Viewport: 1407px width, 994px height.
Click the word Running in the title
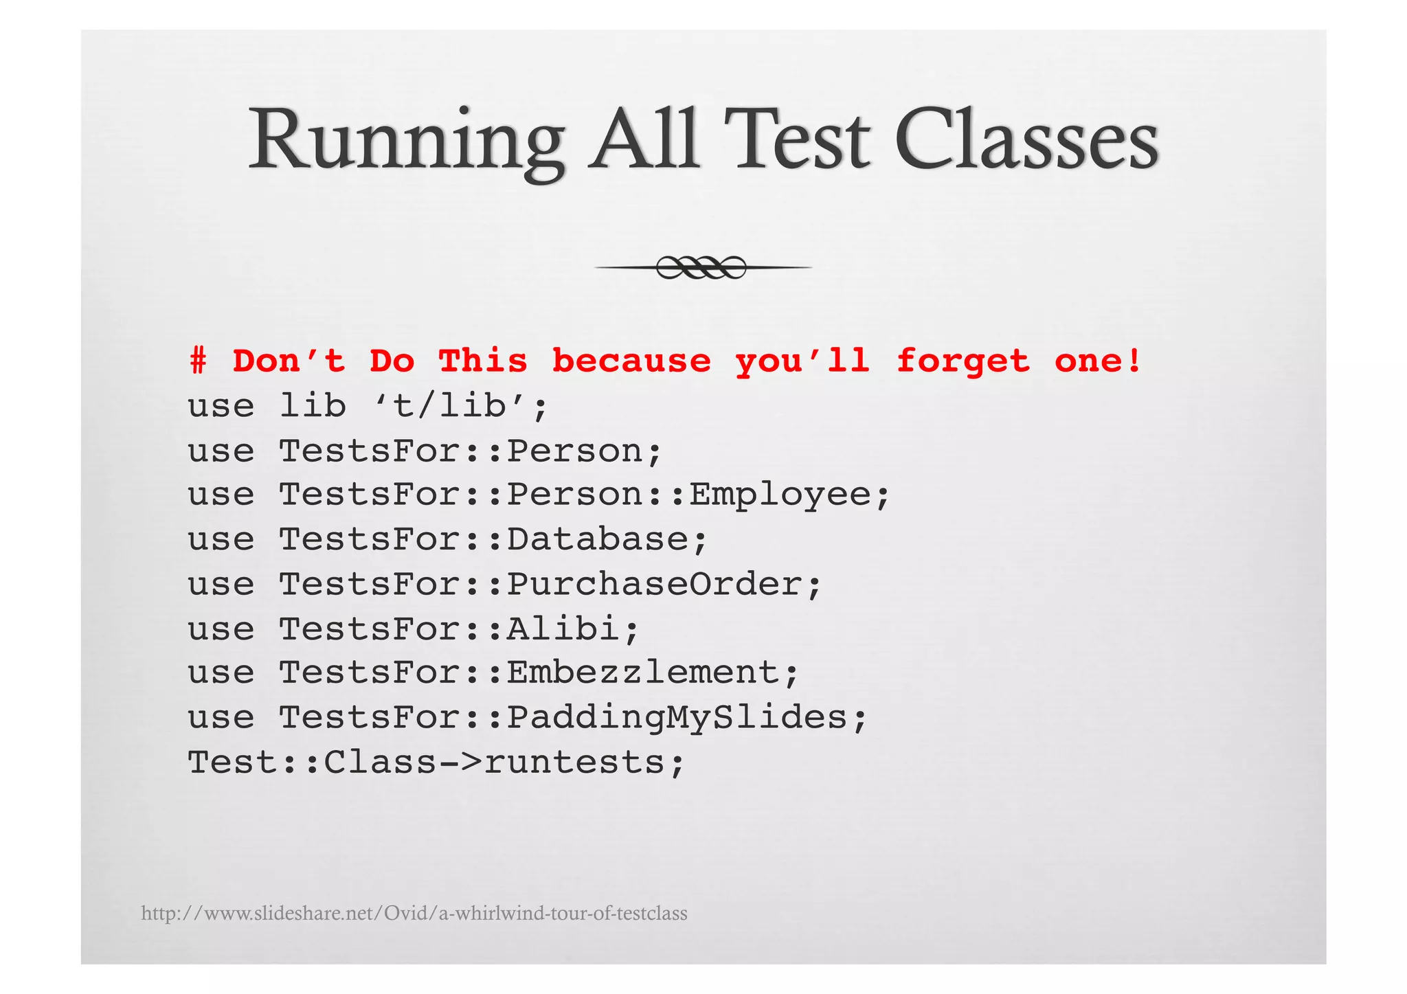405,141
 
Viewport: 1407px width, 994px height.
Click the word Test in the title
797,141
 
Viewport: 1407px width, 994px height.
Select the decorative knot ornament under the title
701,267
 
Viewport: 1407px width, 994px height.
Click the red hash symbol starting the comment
198,361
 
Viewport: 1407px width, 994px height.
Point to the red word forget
963,361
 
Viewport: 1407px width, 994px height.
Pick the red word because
631,361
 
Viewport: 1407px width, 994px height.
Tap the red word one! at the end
1097,361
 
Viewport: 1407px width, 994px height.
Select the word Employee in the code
780,495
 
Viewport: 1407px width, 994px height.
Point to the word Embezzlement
643,673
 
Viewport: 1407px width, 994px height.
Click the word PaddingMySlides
677,718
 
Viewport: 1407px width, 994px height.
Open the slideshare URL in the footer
414,914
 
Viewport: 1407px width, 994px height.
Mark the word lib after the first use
313,406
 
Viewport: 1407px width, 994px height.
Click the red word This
483,361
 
